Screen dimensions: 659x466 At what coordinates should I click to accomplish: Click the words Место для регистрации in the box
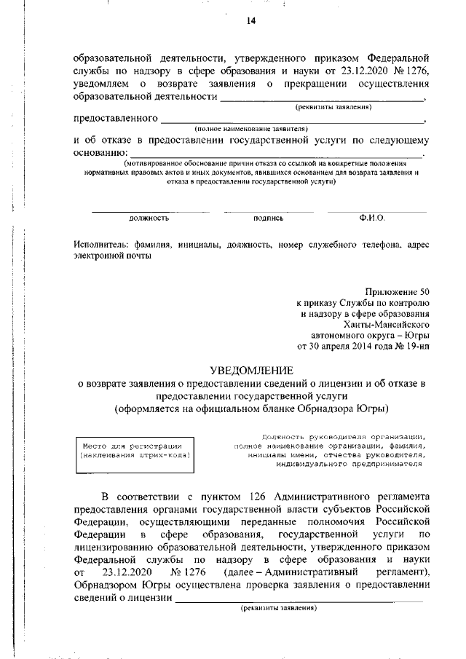pyautogui.click(x=132, y=445)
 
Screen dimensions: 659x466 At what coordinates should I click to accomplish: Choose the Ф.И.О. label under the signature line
pyautogui.click(x=371, y=218)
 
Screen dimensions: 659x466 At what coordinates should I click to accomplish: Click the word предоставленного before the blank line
pyautogui.click(x=116, y=118)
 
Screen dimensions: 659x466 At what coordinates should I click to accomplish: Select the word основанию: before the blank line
pyautogui.click(x=100, y=153)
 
